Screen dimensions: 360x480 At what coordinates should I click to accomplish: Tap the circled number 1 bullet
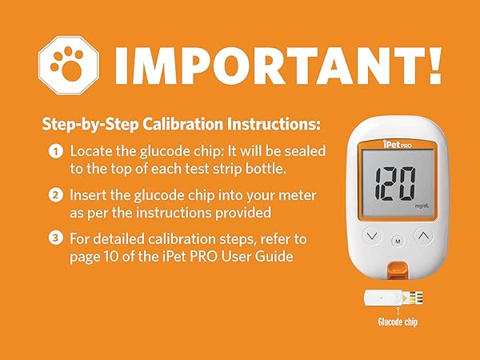56,151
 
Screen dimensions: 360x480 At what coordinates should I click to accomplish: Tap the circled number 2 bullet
56,194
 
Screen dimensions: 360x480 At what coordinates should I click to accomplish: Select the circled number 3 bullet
56,238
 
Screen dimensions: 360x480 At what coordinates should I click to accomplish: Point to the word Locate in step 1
91,151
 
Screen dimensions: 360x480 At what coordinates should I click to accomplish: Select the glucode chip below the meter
398,298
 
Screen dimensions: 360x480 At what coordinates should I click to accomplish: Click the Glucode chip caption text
398,322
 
